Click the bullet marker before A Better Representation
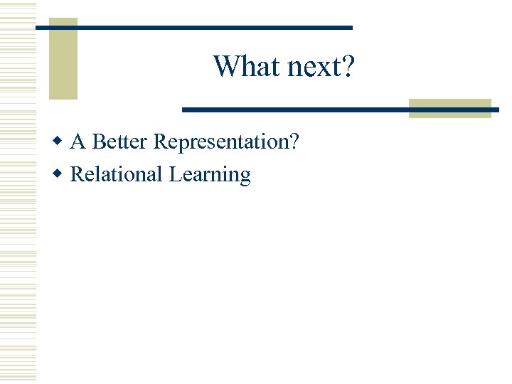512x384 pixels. tap(61, 142)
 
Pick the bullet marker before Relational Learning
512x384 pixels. tap(61, 174)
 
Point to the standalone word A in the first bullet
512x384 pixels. tap(78, 142)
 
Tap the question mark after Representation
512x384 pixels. tap(294, 142)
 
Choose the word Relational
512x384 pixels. tap(117, 174)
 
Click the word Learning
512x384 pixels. tap(210, 175)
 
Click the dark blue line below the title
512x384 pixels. tap(299, 110)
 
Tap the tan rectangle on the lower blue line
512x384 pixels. tap(449, 108)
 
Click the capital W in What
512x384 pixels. tap(223, 67)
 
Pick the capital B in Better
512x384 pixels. tap(99, 142)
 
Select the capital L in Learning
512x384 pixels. tap(175, 174)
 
